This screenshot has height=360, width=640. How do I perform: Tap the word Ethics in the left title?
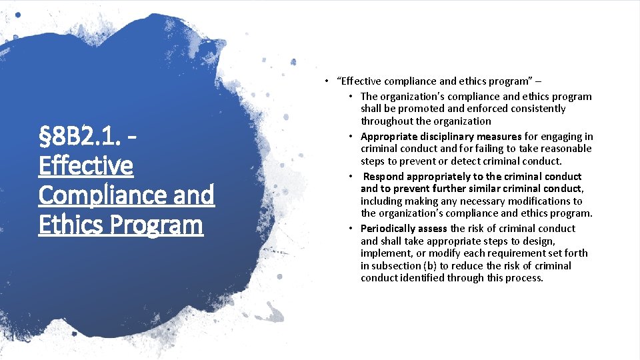67,225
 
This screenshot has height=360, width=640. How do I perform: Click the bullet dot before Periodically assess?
350,229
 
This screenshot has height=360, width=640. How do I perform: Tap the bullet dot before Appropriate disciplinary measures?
350,137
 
